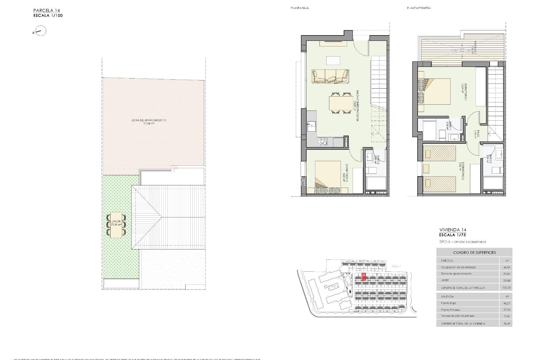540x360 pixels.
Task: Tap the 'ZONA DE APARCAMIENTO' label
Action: tap(148, 120)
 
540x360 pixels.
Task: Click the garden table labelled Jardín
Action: tap(116, 225)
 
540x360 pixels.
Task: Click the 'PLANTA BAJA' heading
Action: tap(300, 8)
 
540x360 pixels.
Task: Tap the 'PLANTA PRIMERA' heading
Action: tap(418, 8)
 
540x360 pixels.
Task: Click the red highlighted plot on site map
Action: tap(364, 277)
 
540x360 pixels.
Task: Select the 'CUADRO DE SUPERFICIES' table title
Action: tap(474, 253)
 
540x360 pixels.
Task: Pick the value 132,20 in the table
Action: tap(506, 288)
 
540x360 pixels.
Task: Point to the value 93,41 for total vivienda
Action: tap(507, 324)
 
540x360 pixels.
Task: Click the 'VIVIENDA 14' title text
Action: tap(453, 230)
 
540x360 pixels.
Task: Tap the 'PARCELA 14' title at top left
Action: tap(47, 11)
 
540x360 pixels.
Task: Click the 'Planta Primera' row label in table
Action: tap(450, 310)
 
